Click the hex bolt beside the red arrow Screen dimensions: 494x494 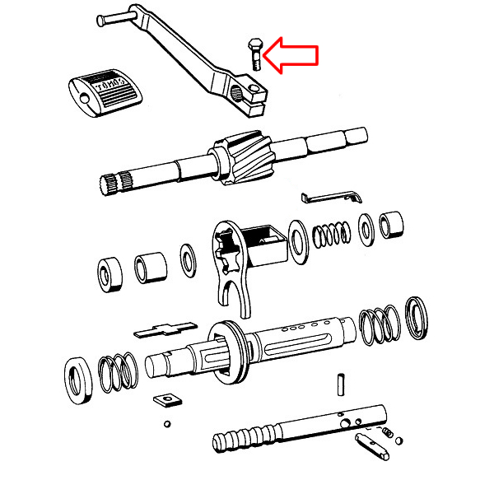[x=254, y=53]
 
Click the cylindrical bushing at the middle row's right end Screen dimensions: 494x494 [x=393, y=226]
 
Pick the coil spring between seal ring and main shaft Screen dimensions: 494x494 [x=119, y=370]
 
